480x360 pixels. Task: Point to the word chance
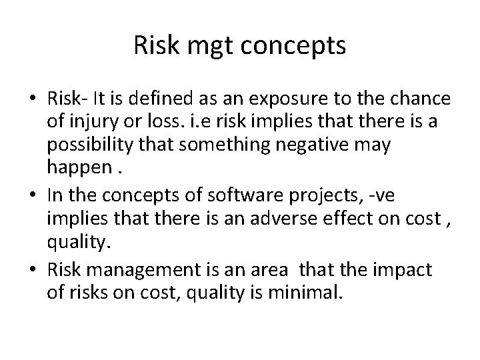coord(418,99)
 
